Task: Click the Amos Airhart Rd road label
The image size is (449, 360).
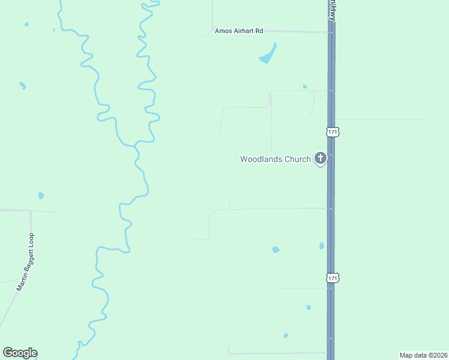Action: click(239, 31)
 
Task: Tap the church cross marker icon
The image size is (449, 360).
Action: click(321, 158)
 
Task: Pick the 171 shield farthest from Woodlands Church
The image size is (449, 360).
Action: click(333, 278)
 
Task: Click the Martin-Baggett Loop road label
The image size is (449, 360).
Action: click(26, 262)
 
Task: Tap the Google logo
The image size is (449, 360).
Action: click(20, 353)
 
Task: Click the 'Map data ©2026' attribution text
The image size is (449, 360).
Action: click(423, 355)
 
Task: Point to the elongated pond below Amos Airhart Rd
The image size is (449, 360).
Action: click(268, 55)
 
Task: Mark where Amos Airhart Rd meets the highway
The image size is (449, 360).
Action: click(331, 32)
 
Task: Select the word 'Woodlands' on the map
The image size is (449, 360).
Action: click(261, 159)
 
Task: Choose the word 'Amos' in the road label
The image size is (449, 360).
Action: click(223, 31)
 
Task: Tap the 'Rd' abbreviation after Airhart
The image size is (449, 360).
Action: click(259, 31)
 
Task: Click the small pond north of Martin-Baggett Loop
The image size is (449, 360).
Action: click(41, 196)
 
